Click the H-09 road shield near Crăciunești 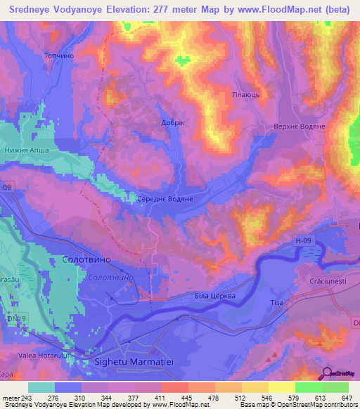point(302,240)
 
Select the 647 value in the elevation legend point(348,398)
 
